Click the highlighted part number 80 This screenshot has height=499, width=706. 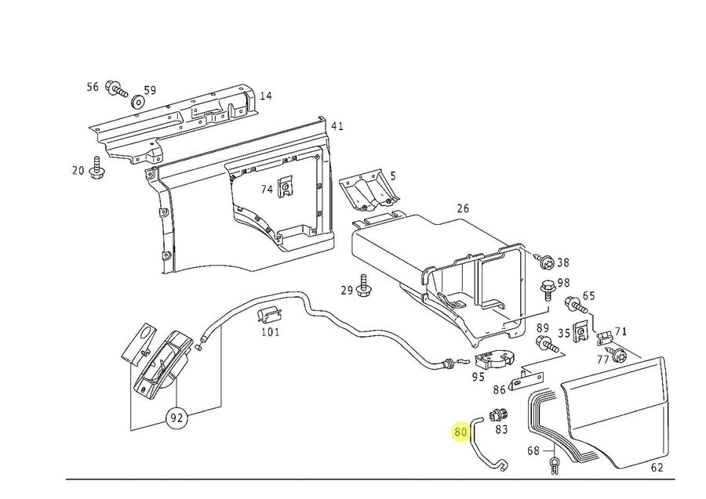(461, 432)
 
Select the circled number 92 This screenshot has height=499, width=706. (176, 418)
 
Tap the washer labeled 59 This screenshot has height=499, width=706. (137, 101)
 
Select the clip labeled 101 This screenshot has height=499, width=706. (269, 315)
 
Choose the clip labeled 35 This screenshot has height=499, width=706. (580, 332)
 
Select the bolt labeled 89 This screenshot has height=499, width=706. (547, 344)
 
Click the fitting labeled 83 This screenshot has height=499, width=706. (498, 413)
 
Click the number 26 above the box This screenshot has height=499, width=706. (462, 208)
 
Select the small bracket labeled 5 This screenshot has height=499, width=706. (369, 190)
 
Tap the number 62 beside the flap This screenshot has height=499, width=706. (657, 468)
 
